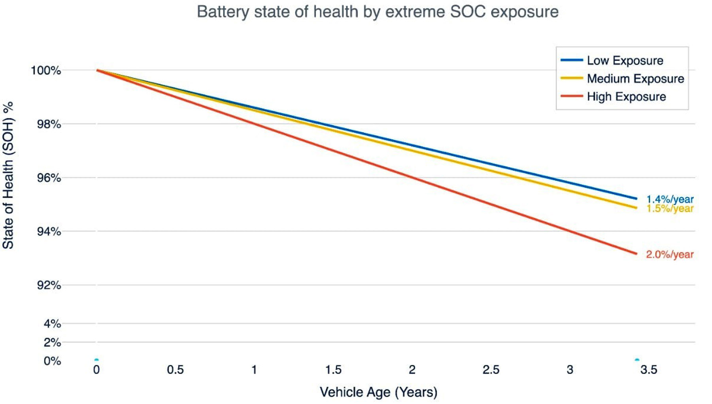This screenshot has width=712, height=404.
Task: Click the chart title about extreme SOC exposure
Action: tap(378, 12)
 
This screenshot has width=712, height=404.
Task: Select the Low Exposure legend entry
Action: tap(625, 61)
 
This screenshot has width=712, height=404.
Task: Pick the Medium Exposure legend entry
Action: tap(635, 79)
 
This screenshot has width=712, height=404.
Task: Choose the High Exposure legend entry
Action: tap(626, 97)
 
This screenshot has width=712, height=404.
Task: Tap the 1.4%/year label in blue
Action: tap(670, 199)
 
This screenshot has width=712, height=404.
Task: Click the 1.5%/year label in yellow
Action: tap(670, 209)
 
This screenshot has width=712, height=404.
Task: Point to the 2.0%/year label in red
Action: tap(670, 254)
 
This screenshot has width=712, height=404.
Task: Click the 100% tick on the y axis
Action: tap(46, 71)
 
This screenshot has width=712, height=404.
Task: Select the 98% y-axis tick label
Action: tap(49, 124)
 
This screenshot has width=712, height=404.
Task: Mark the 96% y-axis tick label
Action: tap(49, 178)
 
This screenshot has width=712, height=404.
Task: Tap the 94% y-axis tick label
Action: tap(49, 231)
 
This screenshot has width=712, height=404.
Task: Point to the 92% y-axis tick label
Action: tap(49, 285)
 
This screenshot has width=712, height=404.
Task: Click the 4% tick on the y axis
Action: tap(52, 324)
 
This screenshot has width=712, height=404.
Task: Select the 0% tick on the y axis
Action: tap(52, 361)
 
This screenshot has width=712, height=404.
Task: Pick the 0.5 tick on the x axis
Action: tap(175, 370)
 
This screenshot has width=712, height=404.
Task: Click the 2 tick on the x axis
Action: tap(412, 370)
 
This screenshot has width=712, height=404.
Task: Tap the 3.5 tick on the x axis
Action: tap(649, 370)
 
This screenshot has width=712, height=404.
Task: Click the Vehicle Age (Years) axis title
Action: tap(378, 392)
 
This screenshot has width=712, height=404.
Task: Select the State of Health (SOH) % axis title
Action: tap(8, 175)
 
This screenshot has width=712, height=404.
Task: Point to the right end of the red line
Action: tap(636, 254)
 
